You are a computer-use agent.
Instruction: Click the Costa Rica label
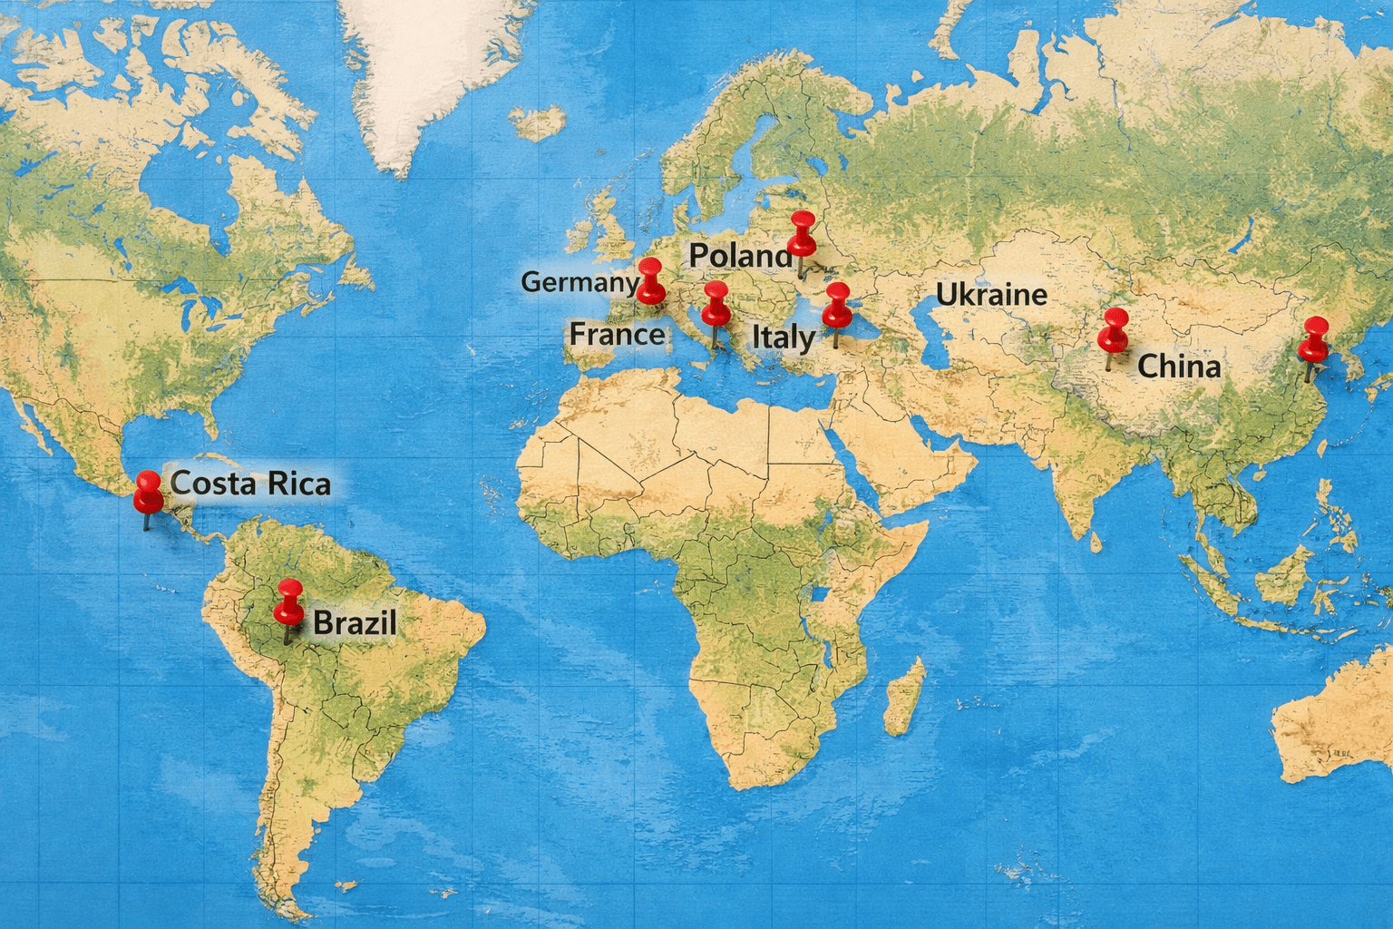click(x=250, y=484)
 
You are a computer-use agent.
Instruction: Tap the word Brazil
click(x=355, y=623)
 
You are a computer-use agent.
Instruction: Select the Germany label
click(x=580, y=282)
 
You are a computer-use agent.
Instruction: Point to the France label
click(x=617, y=335)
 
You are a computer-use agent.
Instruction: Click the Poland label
click(x=740, y=256)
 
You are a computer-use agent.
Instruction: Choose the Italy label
click(x=784, y=337)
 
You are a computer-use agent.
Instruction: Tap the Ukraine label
click(x=991, y=295)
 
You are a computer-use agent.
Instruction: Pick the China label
click(x=1178, y=367)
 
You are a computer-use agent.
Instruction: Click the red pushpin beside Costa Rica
click(x=148, y=493)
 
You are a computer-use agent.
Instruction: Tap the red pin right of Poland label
click(x=802, y=234)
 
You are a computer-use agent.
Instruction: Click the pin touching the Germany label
click(x=650, y=280)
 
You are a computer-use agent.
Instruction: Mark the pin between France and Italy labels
click(x=716, y=305)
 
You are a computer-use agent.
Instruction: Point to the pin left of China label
click(x=1113, y=330)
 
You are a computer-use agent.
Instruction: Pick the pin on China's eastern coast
click(x=1312, y=340)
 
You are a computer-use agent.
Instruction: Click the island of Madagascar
click(x=905, y=696)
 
